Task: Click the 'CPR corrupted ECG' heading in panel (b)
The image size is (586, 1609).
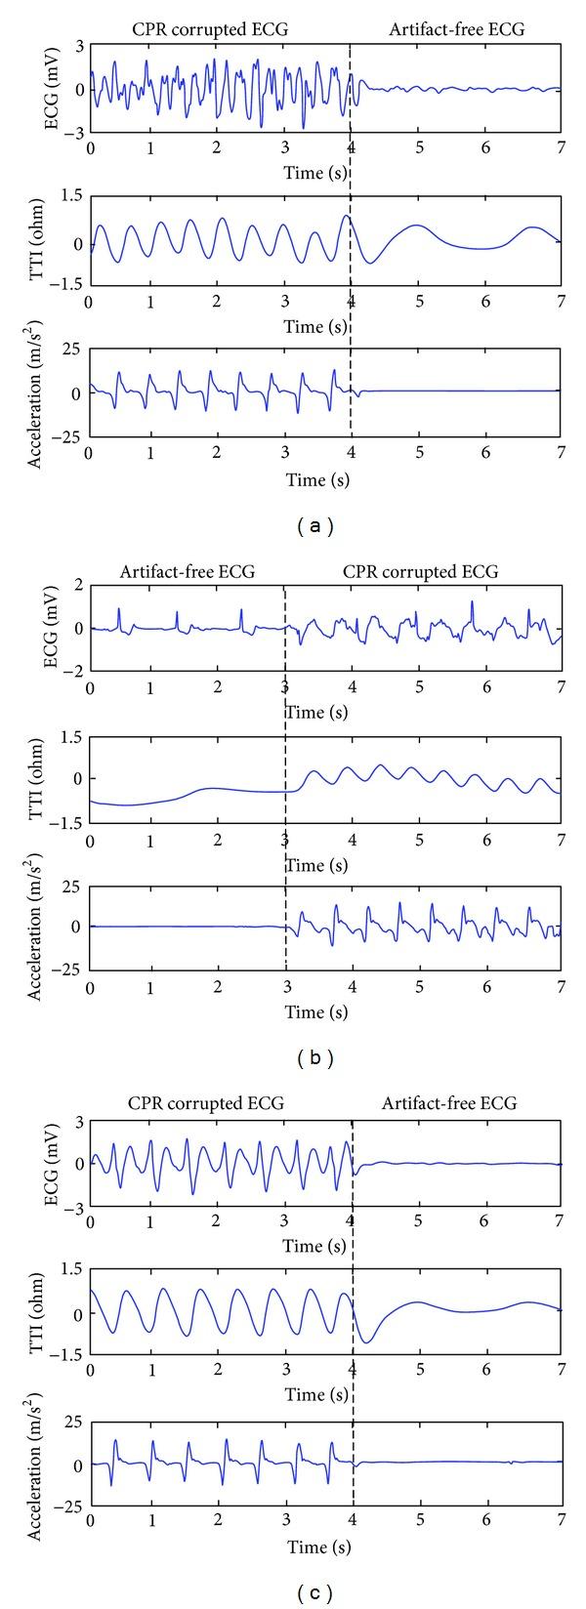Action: [420, 572]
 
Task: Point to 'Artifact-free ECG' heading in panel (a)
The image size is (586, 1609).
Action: [456, 29]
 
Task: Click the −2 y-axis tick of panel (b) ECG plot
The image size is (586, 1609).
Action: [74, 671]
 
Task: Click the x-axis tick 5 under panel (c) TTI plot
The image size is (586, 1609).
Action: [419, 1371]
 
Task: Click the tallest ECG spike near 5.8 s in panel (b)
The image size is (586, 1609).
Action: [472, 601]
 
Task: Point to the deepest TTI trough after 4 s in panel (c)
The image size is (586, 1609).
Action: [366, 1342]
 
